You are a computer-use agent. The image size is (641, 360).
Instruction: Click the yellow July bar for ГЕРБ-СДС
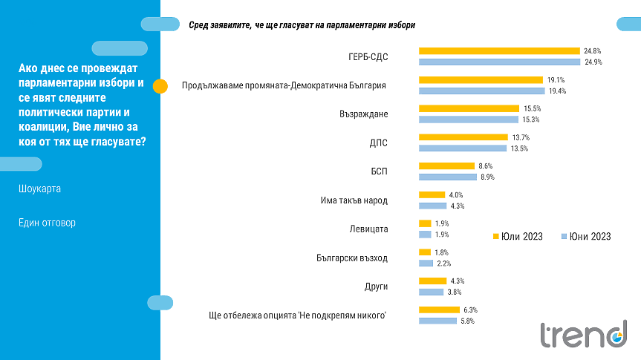(499, 51)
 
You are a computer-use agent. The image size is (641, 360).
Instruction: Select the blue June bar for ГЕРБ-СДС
(500, 62)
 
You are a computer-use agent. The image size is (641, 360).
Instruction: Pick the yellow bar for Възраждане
(469, 108)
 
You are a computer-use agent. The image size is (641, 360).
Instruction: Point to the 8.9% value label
(487, 177)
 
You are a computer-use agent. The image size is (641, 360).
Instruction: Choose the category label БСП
(379, 171)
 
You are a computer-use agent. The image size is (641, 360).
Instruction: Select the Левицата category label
(369, 229)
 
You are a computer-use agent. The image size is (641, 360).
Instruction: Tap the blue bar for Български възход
(426, 264)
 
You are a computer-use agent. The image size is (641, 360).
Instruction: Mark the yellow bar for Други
(431, 281)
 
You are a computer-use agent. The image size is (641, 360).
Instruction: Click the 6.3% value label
(469, 310)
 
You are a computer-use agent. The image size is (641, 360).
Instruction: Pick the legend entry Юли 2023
(518, 237)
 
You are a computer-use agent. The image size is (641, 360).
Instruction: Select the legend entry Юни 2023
(586, 237)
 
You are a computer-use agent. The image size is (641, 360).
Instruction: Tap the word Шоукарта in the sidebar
(40, 189)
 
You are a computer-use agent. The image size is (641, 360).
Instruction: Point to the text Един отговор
(47, 223)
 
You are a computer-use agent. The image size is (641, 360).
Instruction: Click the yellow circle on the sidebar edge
(160, 85)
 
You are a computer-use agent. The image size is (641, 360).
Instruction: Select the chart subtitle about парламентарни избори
(302, 25)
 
